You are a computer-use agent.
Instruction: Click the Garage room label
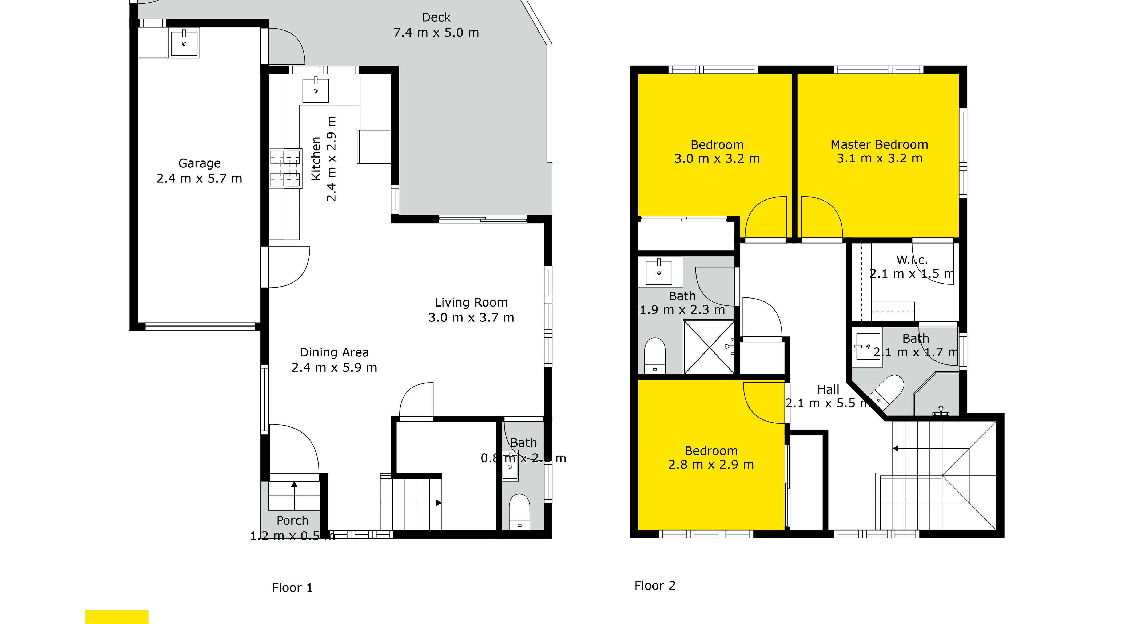coord(200,163)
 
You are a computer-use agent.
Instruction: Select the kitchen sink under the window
coord(316,90)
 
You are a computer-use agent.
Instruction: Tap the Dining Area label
coord(334,352)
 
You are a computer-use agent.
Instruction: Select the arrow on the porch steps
coord(294,485)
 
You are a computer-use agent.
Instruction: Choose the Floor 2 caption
coord(655,586)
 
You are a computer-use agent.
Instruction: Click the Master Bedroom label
coord(879,144)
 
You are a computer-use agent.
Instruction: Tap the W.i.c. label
coord(912,260)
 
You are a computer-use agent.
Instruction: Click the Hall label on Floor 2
coord(828,390)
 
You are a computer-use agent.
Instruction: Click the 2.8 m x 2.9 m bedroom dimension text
coord(711,465)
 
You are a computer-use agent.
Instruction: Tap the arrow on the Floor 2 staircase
coord(896,449)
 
